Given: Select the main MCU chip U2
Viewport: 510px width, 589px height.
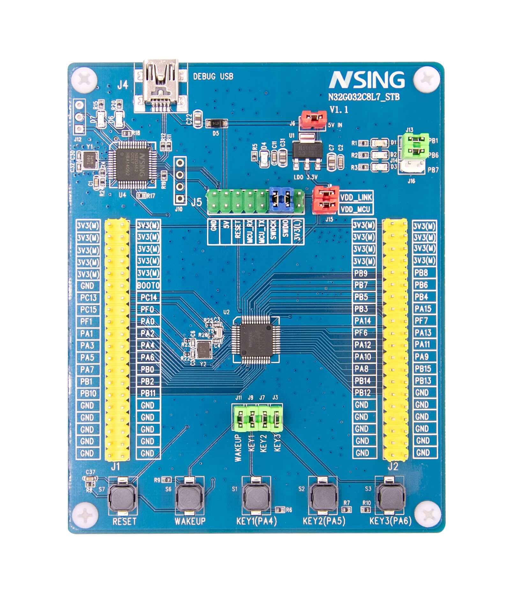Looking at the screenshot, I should (x=256, y=340).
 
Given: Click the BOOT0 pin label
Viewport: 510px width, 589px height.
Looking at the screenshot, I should (x=148, y=285).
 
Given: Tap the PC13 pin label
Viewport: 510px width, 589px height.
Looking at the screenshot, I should (x=88, y=298).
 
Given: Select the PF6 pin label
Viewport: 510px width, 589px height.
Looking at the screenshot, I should (x=361, y=333).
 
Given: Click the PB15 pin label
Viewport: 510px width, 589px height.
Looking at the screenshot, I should (x=423, y=369).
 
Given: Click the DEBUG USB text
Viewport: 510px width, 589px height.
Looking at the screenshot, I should (x=213, y=77).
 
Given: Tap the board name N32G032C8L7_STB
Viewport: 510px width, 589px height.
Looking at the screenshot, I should (x=364, y=97).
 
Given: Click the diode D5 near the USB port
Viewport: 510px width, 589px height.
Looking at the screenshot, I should (x=217, y=123).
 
